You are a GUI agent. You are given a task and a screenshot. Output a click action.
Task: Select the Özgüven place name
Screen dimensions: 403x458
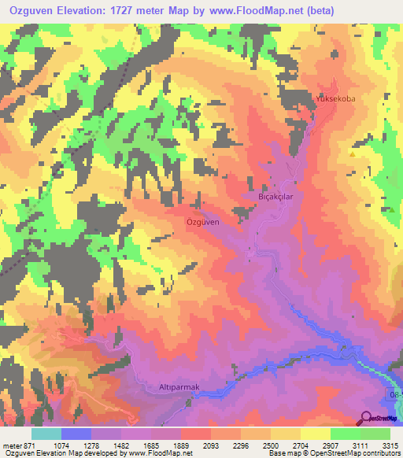click(201, 222)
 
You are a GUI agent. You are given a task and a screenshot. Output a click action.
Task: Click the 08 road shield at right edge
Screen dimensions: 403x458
click(395, 393)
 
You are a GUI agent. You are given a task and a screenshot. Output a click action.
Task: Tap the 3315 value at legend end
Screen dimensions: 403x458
click(389, 445)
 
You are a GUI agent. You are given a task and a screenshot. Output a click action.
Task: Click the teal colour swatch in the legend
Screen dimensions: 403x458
click(46, 434)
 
